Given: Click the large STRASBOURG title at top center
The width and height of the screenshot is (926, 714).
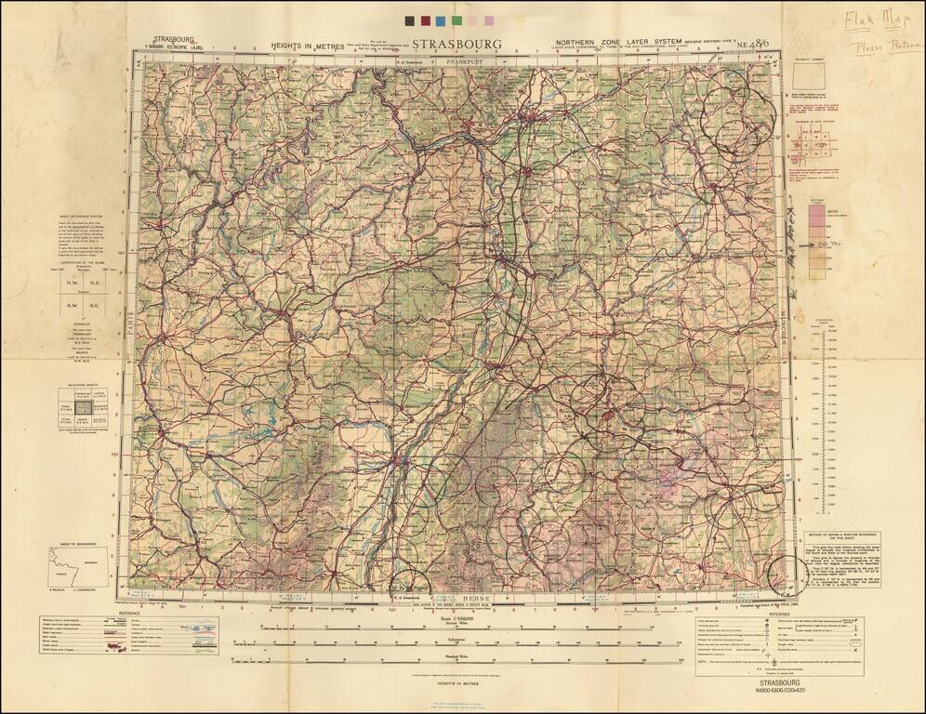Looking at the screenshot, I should coord(456,45).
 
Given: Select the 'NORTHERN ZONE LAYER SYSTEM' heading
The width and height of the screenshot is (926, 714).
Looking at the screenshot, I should coord(606,44).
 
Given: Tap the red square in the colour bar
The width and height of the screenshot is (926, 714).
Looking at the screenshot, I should coord(426,20).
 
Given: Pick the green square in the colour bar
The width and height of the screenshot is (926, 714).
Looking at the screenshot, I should coord(456,20).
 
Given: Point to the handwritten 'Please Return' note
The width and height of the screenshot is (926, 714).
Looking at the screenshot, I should coord(879,46).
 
